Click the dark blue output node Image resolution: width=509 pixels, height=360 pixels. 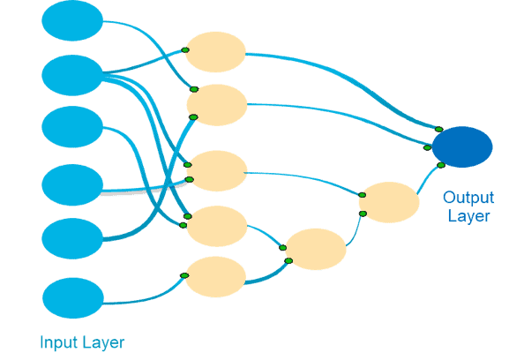(x=462, y=147)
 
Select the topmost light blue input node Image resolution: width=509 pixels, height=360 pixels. (x=72, y=20)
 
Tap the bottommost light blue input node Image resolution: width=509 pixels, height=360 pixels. (x=73, y=298)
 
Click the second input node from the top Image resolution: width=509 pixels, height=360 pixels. (x=72, y=75)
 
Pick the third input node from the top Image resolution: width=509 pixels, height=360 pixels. (x=72, y=127)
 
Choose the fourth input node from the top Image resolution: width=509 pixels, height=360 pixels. (x=72, y=184)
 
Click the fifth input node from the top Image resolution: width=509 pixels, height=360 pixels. (x=72, y=238)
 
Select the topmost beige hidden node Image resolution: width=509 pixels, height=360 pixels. (x=215, y=52)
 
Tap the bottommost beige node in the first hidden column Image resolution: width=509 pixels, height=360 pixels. (x=215, y=277)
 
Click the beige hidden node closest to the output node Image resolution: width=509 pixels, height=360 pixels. (x=389, y=202)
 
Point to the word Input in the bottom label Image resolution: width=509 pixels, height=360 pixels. (x=59, y=342)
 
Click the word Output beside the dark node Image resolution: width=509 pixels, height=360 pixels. (x=468, y=198)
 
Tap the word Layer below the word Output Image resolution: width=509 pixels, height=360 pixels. (x=468, y=216)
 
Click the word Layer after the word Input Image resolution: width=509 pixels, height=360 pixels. (x=103, y=343)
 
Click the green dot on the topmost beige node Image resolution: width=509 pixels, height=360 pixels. (x=185, y=50)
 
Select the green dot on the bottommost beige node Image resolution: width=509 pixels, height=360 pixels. (x=184, y=275)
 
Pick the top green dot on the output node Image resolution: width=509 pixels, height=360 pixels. (x=439, y=129)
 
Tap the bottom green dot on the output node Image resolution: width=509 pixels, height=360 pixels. (x=441, y=165)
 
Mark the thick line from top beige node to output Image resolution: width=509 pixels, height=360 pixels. (x=353, y=82)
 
